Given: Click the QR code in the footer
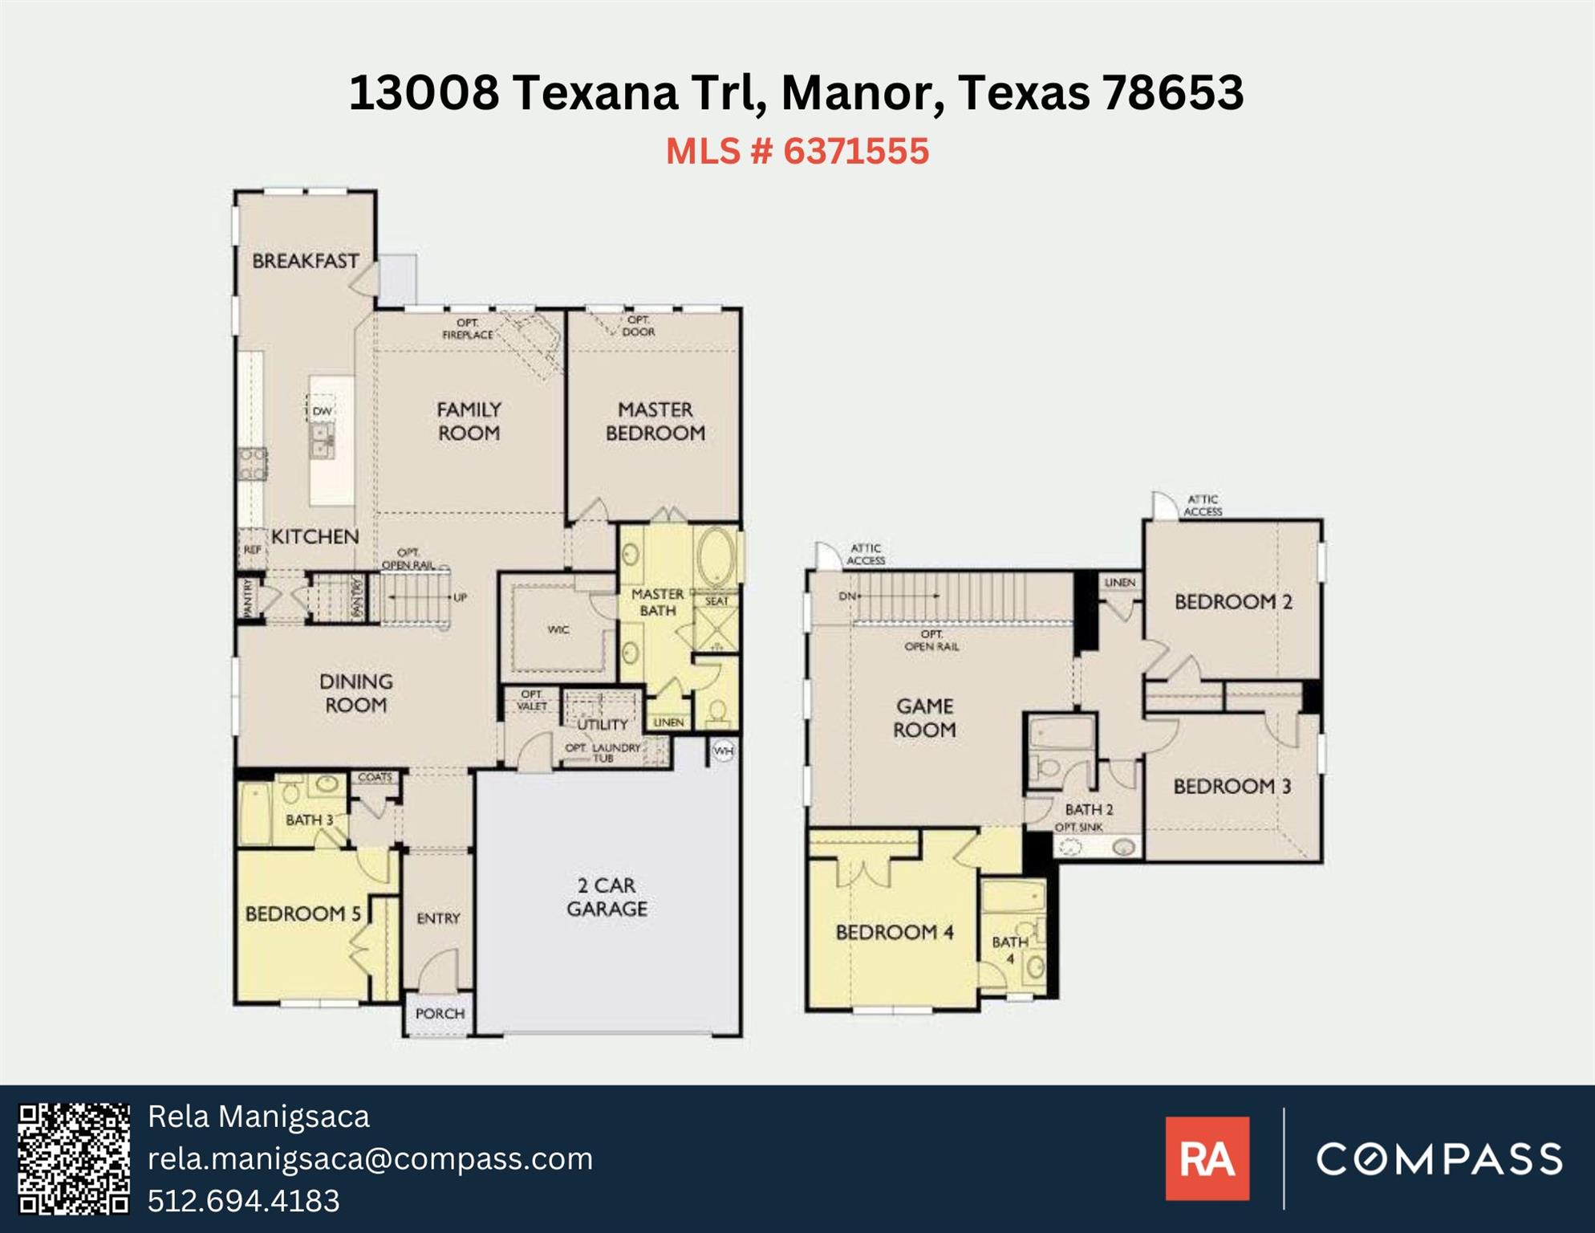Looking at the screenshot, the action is pos(74,1158).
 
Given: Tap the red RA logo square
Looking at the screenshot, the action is pos(1207,1158).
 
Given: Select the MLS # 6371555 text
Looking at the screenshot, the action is pos(797,151).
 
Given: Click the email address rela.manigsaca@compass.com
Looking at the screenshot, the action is pos(370,1158).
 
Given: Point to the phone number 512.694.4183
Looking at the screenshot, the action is pos(244,1200).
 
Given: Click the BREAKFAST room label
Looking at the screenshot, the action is pos(305,261).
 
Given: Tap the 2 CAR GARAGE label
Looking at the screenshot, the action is pos(607,897).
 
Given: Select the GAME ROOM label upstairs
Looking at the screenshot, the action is pos(924,718).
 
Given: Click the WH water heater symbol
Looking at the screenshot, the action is pos(723,751).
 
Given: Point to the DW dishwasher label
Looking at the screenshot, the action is pos(322,411).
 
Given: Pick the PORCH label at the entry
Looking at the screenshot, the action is pos(440,1014).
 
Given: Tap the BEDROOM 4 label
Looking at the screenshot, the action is pos(894,932).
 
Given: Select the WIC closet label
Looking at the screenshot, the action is pos(558,629).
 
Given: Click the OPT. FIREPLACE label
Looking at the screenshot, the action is pos(468,329).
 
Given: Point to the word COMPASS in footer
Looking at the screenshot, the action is pos(1439,1158).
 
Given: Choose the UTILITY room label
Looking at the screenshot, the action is pos(603,724).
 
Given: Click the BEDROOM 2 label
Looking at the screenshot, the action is pos(1233,601).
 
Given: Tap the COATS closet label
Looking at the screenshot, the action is pos(375,777).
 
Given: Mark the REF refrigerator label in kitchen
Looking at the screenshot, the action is pos(252,550).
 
